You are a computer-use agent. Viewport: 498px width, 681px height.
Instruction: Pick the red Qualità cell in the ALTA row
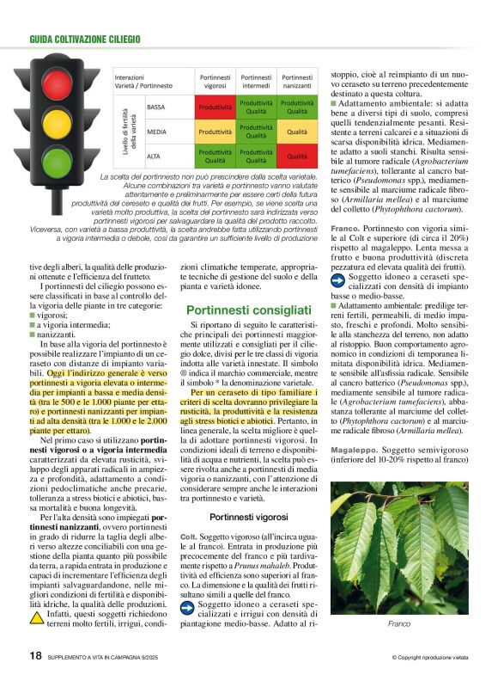pyautogui.click(x=297, y=156)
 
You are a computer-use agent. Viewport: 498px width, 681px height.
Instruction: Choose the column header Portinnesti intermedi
pyautogui.click(x=256, y=81)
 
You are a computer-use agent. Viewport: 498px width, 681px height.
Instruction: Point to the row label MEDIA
pyautogui.click(x=157, y=132)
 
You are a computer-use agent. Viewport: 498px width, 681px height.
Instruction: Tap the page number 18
pyautogui.click(x=35, y=655)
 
